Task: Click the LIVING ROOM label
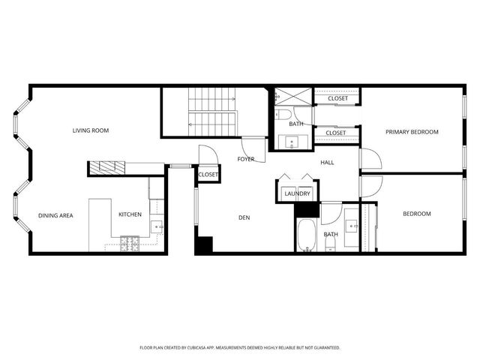(90, 130)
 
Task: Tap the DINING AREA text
(55, 215)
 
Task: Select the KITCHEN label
(130, 214)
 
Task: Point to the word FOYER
(246, 159)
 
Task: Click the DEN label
(244, 218)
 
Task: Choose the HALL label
(327, 162)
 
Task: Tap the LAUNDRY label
(297, 193)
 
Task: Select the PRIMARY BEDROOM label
(412, 132)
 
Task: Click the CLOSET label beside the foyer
(208, 175)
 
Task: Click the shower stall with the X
(286, 97)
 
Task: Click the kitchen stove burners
(130, 243)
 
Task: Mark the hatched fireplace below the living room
(106, 168)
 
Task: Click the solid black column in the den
(203, 245)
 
